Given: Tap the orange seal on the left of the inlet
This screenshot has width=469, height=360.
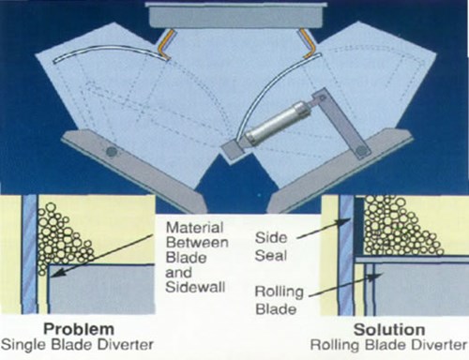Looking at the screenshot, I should pos(166,38).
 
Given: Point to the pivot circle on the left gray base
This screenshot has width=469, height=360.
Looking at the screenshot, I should pos(112,150).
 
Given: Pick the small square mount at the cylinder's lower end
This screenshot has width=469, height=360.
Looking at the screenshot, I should pos(231,149).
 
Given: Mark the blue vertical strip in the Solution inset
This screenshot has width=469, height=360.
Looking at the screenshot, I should pos(346,254).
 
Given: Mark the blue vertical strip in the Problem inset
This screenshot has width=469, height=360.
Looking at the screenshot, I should pos(30,253).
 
